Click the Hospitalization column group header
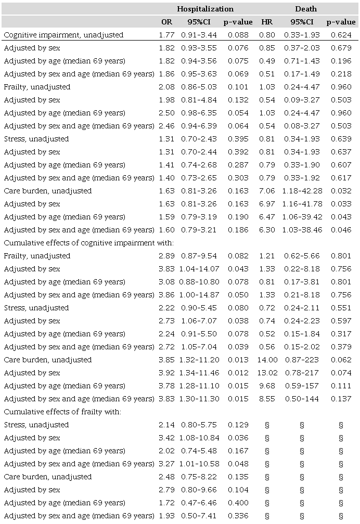click(205, 9)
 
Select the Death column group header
click(306, 9)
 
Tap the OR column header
click(166, 22)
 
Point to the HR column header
click(265, 22)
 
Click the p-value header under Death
click(341, 22)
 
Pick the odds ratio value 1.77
click(166, 35)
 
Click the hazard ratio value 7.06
click(265, 191)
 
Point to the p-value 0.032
click(341, 191)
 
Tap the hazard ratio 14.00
click(265, 360)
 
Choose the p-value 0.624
click(341, 35)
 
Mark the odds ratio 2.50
click(166, 113)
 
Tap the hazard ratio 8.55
click(265, 399)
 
